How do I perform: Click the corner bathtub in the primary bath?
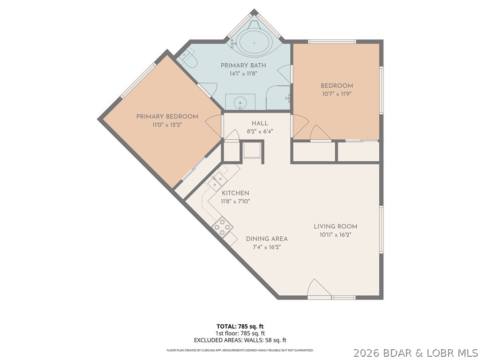tap(254, 43)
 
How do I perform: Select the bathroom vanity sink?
tap(240, 101)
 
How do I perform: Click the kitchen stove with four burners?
tap(223, 226)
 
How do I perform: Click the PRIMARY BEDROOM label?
tap(167, 117)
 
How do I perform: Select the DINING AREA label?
tap(267, 239)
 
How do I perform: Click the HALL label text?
tap(260, 123)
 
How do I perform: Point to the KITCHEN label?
tap(235, 193)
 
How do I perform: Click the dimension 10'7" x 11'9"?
tap(336, 94)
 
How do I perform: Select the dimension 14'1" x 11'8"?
tap(243, 74)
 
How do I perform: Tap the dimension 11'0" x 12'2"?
tap(167, 125)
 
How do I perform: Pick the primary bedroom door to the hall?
tap(214, 126)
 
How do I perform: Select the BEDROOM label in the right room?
tap(337, 86)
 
